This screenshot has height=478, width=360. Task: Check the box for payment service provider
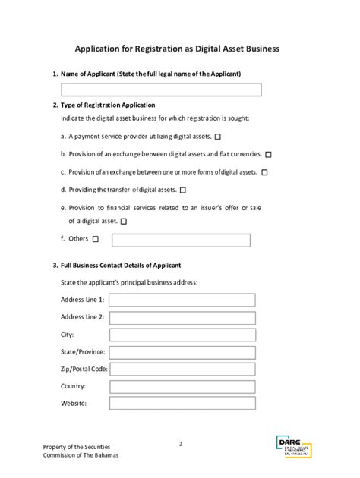[x=218, y=137]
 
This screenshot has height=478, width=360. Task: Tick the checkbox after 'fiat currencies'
[x=268, y=154]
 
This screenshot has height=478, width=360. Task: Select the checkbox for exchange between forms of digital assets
[x=264, y=172]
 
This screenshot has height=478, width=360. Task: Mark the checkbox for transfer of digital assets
[x=182, y=190]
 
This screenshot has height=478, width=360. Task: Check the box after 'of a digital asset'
[x=123, y=222]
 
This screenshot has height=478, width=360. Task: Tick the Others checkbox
[x=95, y=240]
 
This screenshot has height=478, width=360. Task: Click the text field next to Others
[x=181, y=241]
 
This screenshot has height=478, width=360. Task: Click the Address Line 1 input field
[x=182, y=300]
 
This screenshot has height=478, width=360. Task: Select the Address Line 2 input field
[x=182, y=317]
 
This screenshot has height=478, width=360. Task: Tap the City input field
[x=182, y=335]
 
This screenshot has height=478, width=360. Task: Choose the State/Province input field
[x=182, y=352]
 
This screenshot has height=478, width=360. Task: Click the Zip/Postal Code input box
[x=182, y=370]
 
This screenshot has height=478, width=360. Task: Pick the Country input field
[x=182, y=387]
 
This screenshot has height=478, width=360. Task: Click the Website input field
[x=182, y=404]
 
